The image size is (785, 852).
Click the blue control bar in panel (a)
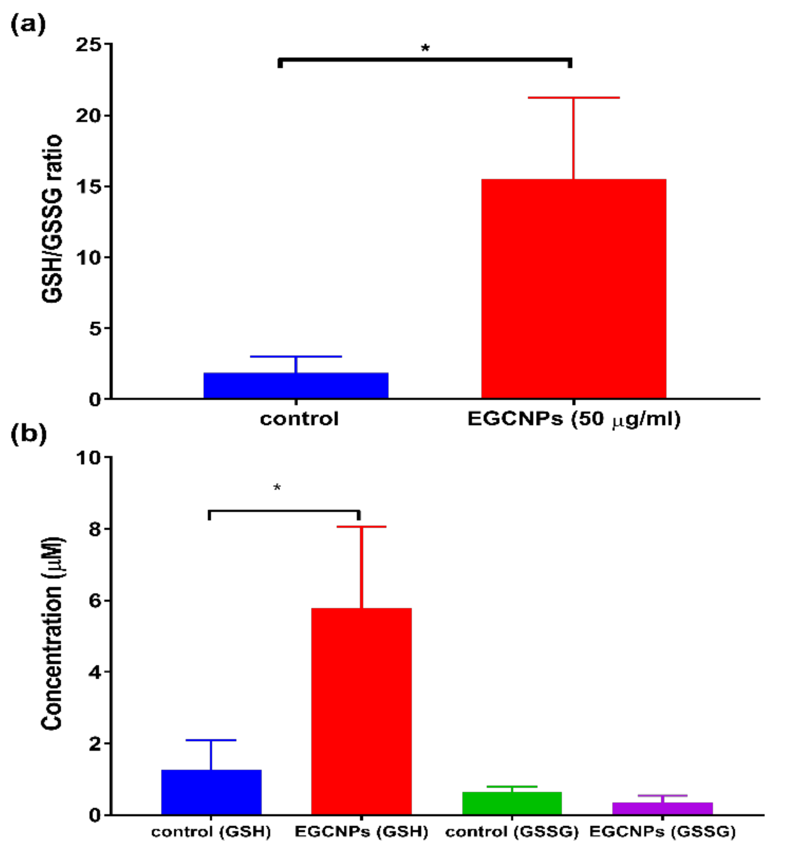pyautogui.click(x=296, y=385)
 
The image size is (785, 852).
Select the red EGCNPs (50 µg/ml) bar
pyautogui.click(x=574, y=289)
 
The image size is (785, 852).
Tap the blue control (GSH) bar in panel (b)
pyautogui.click(x=211, y=792)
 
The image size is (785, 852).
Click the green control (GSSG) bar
pyautogui.click(x=512, y=803)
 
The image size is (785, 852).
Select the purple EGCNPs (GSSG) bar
pyautogui.click(x=662, y=808)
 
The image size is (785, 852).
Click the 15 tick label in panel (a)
pyautogui.click(x=90, y=187)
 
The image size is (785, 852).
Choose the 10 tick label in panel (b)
pyautogui.click(x=90, y=457)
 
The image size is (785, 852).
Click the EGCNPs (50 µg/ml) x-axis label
pyautogui.click(x=574, y=419)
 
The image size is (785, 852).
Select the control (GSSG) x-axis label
pyautogui.click(x=512, y=832)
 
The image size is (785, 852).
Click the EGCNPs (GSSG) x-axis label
pyautogui.click(x=662, y=832)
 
